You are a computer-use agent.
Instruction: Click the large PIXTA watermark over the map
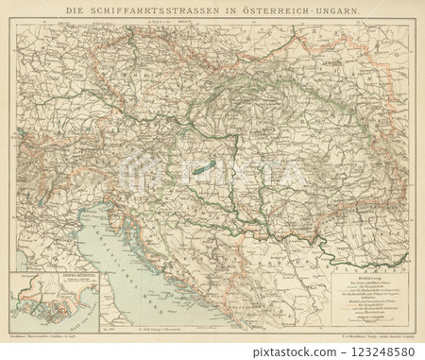point(212,176)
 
